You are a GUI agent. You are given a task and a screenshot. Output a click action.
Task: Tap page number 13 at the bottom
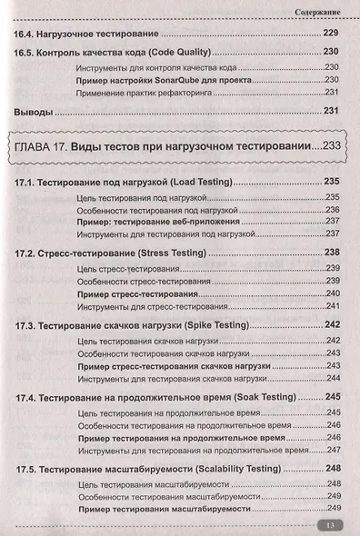click(x=328, y=525)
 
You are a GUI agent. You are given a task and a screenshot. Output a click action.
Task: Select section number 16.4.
click(x=28, y=33)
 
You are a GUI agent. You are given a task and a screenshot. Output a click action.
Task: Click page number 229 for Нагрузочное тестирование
click(x=332, y=33)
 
